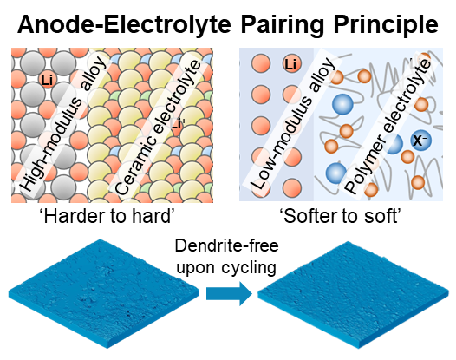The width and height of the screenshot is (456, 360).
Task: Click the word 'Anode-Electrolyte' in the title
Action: tap(124, 24)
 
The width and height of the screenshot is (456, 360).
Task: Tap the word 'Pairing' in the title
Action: tap(282, 26)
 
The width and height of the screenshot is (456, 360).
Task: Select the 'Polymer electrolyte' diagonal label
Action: tap(388, 127)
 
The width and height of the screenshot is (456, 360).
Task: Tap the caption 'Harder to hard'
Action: tap(108, 217)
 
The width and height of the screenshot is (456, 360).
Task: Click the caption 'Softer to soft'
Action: tap(341, 217)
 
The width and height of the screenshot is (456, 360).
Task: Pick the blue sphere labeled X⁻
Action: tap(420, 141)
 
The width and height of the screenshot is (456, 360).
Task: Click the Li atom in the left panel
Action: tap(48, 80)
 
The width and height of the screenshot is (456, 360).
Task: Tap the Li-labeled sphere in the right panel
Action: tap(291, 63)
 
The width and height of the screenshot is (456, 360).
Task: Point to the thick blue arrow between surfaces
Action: tap(229, 294)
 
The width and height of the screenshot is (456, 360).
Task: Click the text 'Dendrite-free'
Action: tap(227, 245)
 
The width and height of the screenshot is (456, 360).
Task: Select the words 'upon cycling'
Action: tap(226, 267)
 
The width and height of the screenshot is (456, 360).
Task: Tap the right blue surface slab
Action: tap(354, 295)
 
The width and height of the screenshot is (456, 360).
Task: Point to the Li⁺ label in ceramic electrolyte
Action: tap(178, 124)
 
